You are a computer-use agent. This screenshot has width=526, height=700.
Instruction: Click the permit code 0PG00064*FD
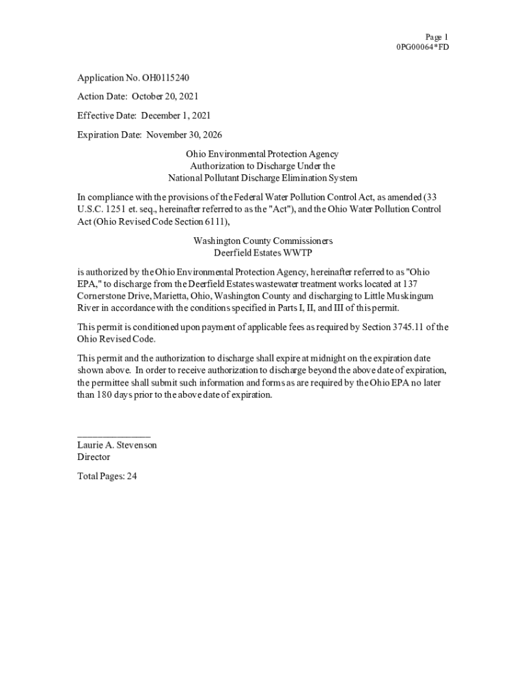pyautogui.click(x=422, y=47)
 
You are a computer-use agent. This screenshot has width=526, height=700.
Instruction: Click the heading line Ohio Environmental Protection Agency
pyautogui.click(x=262, y=154)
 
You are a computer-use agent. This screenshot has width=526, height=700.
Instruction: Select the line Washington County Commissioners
pyautogui.click(x=262, y=241)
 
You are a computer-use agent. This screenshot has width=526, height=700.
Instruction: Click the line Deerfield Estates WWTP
pyautogui.click(x=262, y=253)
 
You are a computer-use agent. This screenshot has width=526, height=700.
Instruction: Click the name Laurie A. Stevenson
pyautogui.click(x=117, y=445)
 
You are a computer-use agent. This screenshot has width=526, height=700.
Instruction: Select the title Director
pyautogui.click(x=94, y=457)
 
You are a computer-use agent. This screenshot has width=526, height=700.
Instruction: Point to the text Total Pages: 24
pyautogui.click(x=107, y=476)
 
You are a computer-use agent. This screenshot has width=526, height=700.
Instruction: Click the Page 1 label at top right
pyautogui.click(x=437, y=37)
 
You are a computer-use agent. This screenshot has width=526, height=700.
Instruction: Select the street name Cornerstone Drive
pyautogui.click(x=111, y=295)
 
